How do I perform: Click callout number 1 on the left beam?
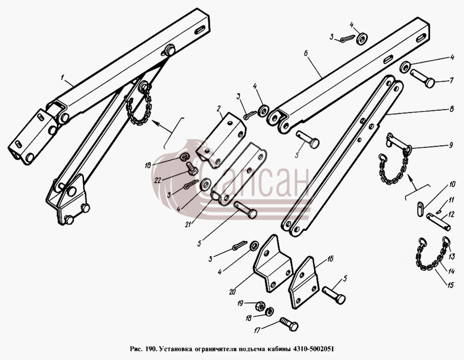tap(63, 78)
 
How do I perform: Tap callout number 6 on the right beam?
tap(306, 53)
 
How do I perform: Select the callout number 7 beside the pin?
tap(451, 80)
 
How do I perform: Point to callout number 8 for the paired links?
tap(451, 109)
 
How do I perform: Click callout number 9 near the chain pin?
tap(451, 145)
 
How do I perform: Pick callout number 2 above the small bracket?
tap(219, 109)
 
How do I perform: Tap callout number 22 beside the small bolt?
tap(158, 180)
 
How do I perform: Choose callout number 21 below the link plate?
tap(187, 225)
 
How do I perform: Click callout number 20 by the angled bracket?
tap(232, 292)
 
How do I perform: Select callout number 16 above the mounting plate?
tap(330, 259)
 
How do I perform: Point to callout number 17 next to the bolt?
tap(257, 330)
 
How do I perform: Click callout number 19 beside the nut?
tap(240, 303)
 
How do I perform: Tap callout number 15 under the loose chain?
tap(451, 285)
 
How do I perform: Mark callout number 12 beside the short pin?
tap(451, 213)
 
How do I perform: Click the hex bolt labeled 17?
tap(289, 324)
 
